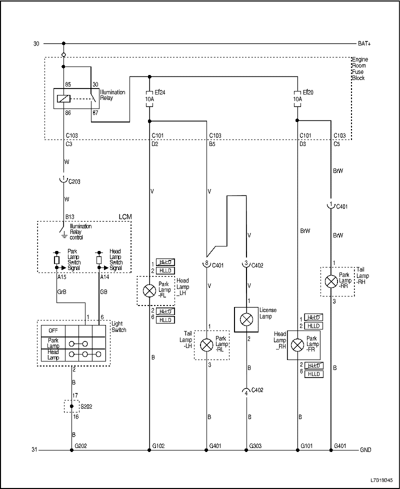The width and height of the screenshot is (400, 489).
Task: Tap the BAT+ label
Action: tap(364, 44)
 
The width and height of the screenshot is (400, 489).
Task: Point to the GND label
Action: tap(365, 450)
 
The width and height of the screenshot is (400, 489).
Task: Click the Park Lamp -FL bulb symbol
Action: tap(149, 290)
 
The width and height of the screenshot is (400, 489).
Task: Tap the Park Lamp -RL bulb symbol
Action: tap(206, 344)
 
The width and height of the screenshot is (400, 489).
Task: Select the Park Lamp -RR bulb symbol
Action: tap(331, 281)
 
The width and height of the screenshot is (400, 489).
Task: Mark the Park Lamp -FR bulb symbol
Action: tap(297, 345)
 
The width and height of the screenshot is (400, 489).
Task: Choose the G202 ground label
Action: tap(81, 444)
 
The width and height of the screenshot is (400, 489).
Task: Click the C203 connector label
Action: tap(74, 181)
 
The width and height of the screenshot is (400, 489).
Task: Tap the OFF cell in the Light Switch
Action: tap(53, 330)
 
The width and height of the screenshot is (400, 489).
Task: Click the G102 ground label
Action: tap(158, 444)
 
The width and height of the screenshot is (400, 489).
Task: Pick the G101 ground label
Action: tap(307, 444)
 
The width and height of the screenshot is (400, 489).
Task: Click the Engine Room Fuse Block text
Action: tap(359, 68)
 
